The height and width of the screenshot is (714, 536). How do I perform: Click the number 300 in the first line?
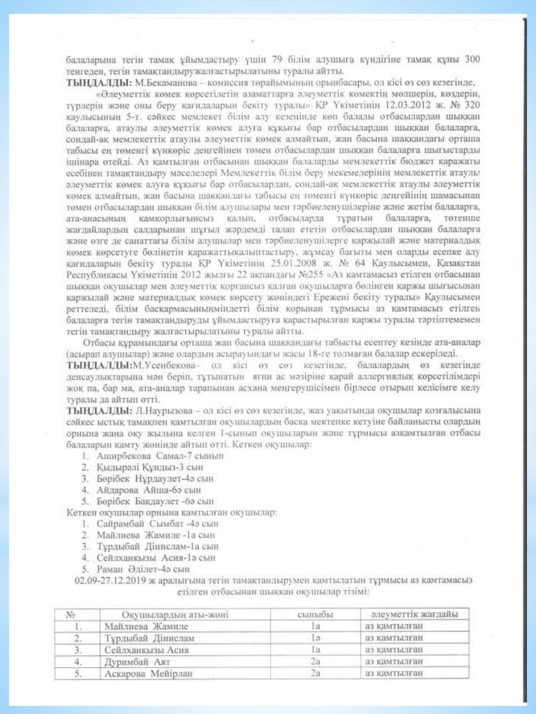tap(472, 59)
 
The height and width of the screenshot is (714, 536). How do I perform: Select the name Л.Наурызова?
tap(166, 411)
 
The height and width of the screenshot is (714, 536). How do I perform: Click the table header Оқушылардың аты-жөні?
tap(175, 615)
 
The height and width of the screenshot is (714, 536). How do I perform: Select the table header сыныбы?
tap(315, 615)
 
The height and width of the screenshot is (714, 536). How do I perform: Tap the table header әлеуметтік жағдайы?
tap(415, 615)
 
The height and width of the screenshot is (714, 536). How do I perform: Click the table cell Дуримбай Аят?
tap(137, 662)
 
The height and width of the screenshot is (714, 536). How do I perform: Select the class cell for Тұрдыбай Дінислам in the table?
tap(315, 638)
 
